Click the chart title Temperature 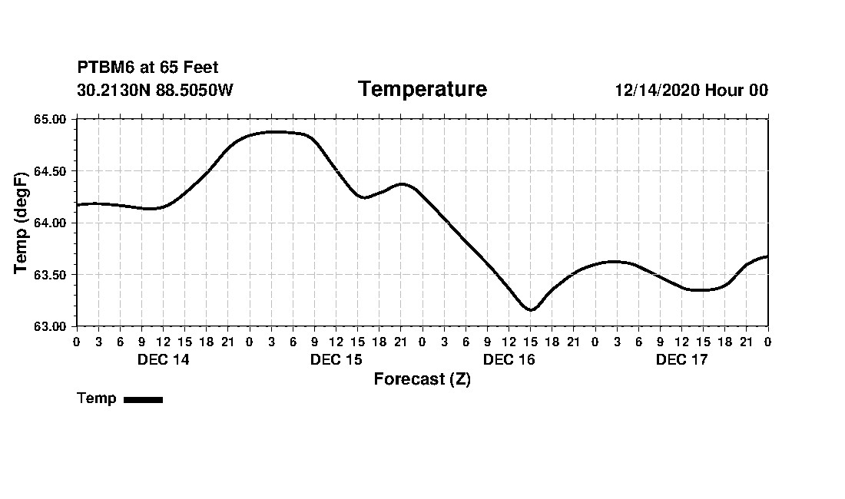[422, 90]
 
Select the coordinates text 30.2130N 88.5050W [155, 90]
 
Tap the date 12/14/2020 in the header [657, 91]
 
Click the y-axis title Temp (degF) [22, 222]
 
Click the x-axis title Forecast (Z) [422, 379]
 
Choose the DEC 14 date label [163, 360]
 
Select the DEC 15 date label [336, 360]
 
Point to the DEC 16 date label [509, 360]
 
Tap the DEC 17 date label [681, 360]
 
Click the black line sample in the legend [143, 399]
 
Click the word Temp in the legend [97, 398]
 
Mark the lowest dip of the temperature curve [530, 309]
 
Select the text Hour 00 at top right [737, 91]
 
